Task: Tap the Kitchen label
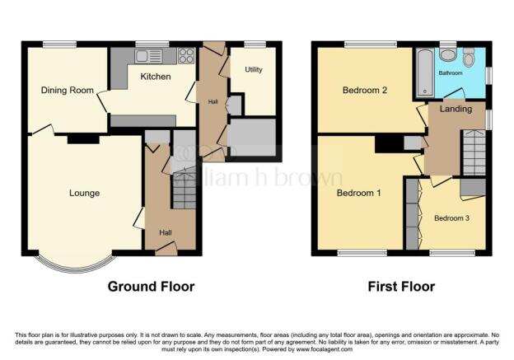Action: tap(155, 77)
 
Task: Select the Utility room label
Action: tap(254, 69)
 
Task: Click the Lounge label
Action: tap(84, 194)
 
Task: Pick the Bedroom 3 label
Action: tap(452, 218)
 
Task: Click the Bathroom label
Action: tap(450, 72)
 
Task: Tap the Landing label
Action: tap(456, 109)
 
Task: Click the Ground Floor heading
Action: tap(151, 287)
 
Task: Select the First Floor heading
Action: tap(401, 287)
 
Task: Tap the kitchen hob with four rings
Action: tap(185, 56)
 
